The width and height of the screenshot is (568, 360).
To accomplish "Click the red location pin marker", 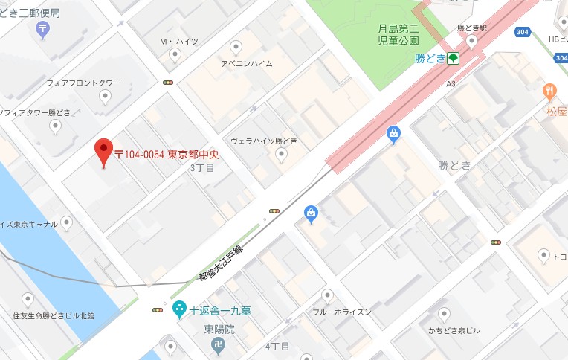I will [x=104, y=152].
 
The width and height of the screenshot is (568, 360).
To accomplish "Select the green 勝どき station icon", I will [x=453, y=58].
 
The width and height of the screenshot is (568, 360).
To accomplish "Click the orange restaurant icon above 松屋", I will [x=549, y=91].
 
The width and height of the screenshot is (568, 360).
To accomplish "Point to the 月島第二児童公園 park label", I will [x=398, y=34].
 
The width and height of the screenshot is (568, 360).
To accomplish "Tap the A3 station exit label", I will [x=451, y=84].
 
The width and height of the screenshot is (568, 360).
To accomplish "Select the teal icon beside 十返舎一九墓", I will [x=179, y=309].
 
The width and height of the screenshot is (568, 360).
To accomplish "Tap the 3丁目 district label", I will [x=201, y=169].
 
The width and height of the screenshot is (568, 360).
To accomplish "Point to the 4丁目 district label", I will [x=277, y=347].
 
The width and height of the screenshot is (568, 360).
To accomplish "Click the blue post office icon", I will [x=43, y=29].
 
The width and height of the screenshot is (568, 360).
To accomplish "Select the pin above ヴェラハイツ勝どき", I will [x=280, y=154].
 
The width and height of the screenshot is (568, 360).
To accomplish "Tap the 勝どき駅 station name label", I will [x=471, y=28].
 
